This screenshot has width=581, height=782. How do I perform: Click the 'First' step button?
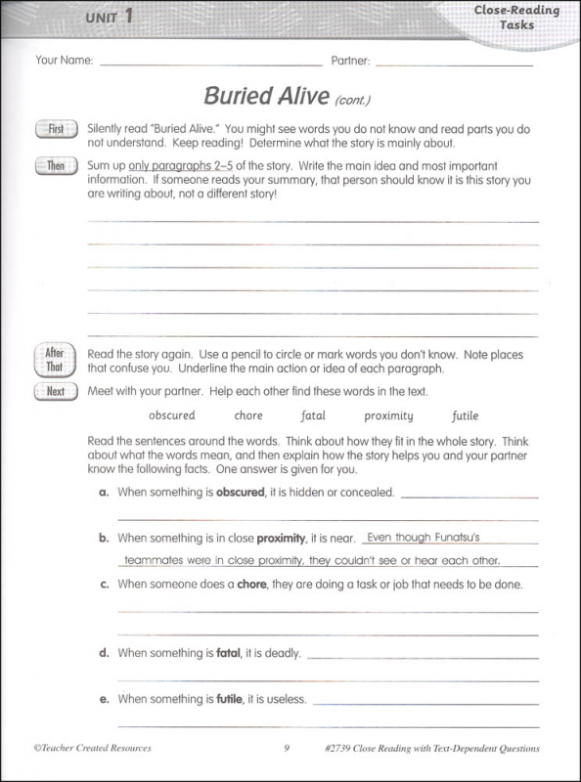tap(56, 129)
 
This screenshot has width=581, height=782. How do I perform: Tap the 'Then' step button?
tap(56, 166)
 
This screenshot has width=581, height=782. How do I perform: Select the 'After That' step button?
tap(55, 360)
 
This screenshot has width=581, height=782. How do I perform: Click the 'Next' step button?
tap(56, 392)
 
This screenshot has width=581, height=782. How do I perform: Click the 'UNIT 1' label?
tap(109, 17)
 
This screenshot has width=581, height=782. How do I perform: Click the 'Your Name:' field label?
tap(64, 61)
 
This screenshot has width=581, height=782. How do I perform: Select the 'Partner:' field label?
tap(350, 61)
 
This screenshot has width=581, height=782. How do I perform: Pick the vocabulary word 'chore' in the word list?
tap(248, 416)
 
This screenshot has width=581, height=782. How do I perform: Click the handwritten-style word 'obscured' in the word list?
tap(172, 416)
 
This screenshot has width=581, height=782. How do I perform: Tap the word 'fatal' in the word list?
tap(313, 416)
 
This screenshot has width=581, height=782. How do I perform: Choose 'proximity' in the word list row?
tap(388, 416)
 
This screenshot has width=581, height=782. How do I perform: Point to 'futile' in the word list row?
tap(466, 416)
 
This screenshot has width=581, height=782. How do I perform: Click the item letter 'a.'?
tap(104, 493)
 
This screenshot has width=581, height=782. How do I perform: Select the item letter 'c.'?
tap(104, 585)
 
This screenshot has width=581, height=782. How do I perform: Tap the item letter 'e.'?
tap(104, 699)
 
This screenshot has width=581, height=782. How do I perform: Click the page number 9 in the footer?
tap(288, 750)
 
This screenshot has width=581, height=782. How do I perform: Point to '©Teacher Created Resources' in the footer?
tap(93, 750)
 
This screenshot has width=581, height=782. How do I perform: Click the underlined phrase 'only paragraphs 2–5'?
tap(177, 166)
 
